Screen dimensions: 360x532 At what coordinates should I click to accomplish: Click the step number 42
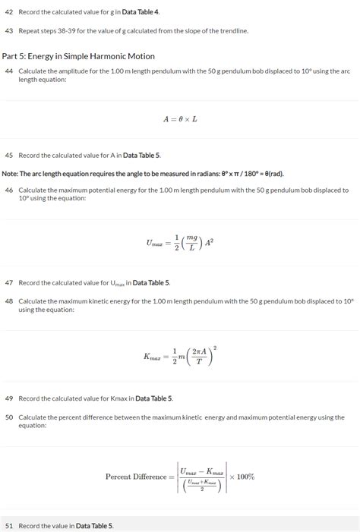9,13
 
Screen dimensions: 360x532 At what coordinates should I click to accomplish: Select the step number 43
9,30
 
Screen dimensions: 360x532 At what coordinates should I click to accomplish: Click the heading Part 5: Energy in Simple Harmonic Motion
78,56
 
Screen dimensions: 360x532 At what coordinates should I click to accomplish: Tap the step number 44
9,71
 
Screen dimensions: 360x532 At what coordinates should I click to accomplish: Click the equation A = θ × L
180,119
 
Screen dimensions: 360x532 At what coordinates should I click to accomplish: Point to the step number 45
9,155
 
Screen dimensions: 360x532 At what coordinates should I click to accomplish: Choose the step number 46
9,190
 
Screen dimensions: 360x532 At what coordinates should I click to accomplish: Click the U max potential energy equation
180,243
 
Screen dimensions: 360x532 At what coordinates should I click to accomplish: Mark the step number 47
9,282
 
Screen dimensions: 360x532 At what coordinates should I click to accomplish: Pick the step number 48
9,301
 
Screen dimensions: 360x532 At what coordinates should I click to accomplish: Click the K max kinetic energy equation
180,356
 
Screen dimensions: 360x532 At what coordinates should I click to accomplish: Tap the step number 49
9,398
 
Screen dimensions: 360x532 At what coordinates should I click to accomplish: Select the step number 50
9,417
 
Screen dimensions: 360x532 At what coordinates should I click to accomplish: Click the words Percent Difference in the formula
136,477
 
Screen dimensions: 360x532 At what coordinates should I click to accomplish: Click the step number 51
9,525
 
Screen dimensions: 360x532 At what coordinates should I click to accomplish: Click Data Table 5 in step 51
94,525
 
